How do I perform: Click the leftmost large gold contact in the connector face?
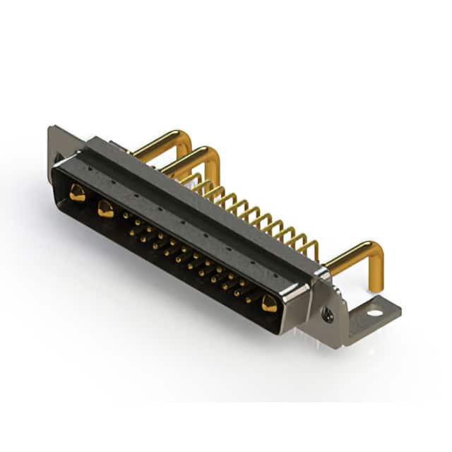[77, 191]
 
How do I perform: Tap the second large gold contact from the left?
[105, 208]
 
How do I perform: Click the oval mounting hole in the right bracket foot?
[374, 311]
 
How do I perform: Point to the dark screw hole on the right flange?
[328, 316]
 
